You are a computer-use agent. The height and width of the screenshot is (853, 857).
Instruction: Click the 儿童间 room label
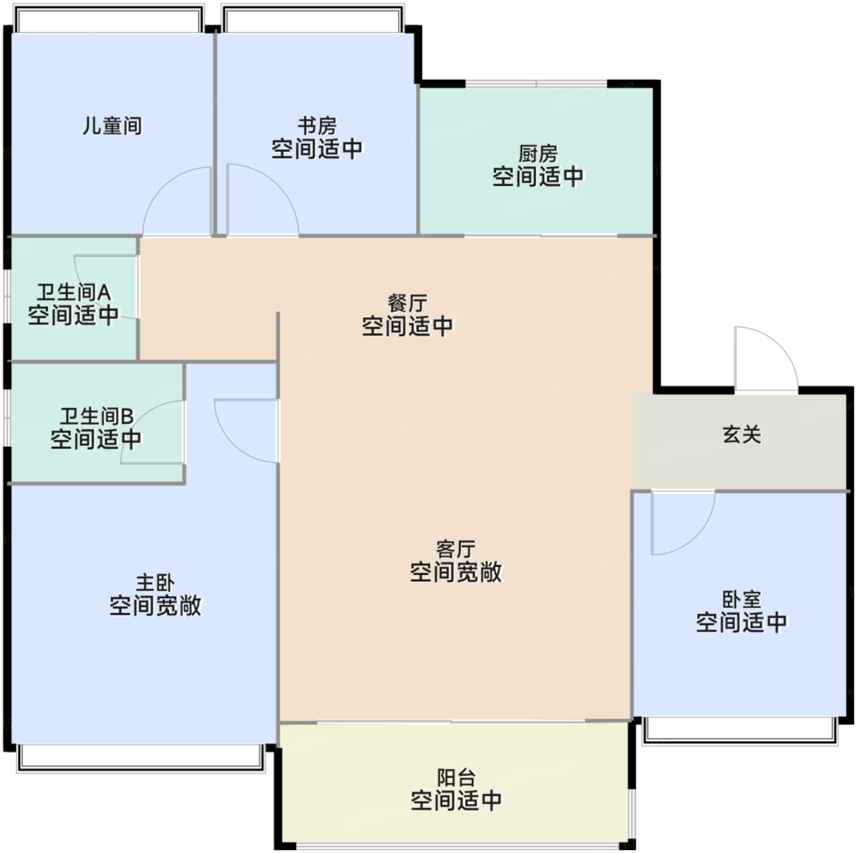(x=113, y=126)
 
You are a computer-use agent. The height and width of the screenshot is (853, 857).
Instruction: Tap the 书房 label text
(x=317, y=126)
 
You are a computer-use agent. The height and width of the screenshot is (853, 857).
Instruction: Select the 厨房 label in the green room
(x=538, y=154)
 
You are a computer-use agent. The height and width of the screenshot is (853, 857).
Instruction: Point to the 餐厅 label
(x=407, y=304)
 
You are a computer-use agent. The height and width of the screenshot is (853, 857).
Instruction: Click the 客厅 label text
(x=456, y=549)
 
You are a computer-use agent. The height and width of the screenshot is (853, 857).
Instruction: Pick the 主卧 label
(x=155, y=582)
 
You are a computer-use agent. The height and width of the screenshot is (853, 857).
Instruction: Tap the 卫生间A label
(x=74, y=292)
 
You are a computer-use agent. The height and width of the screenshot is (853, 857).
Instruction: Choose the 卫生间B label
(x=97, y=416)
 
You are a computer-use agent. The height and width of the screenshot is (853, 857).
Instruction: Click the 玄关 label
(x=741, y=434)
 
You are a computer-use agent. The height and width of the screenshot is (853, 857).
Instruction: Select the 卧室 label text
(x=741, y=599)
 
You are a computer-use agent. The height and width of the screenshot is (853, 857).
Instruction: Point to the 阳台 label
(x=456, y=778)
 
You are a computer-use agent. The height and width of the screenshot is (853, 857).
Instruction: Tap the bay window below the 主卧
(x=141, y=758)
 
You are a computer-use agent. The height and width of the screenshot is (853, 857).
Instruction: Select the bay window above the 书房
(x=313, y=19)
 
